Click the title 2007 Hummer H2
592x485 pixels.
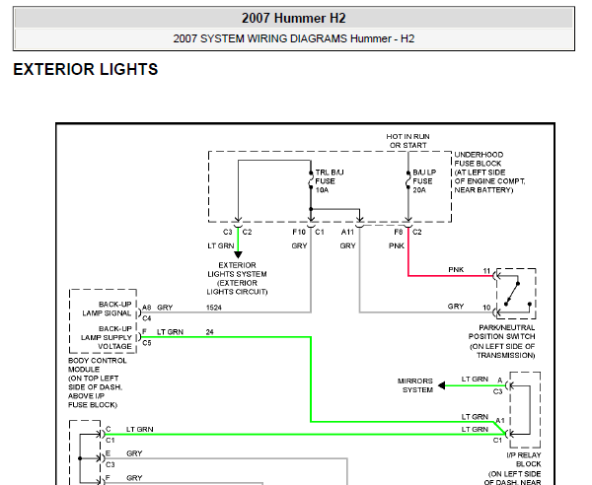click(x=294, y=18)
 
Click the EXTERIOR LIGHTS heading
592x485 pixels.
click(x=86, y=69)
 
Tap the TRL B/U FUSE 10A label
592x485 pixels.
click(x=330, y=181)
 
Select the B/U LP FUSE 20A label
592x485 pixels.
click(x=424, y=181)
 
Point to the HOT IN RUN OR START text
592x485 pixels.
click(x=407, y=141)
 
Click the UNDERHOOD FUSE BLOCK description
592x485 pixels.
click(x=489, y=172)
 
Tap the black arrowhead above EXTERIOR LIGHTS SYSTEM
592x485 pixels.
click(x=238, y=255)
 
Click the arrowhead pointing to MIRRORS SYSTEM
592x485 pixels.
click(x=441, y=385)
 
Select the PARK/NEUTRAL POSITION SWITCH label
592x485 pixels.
click(x=502, y=341)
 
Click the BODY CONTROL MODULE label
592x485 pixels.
click(x=98, y=382)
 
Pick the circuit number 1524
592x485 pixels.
click(x=214, y=308)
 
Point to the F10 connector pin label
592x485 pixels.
click(x=299, y=232)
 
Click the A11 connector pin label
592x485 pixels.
click(x=347, y=232)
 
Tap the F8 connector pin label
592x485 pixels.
click(x=399, y=232)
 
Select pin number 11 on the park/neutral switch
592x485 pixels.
click(x=486, y=271)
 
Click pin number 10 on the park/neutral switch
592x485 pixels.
click(x=486, y=308)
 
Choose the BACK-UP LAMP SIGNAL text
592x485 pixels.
click(x=107, y=309)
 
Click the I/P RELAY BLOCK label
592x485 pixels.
click(x=524, y=459)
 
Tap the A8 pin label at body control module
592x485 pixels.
click(x=147, y=308)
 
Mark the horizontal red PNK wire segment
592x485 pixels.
click(x=451, y=276)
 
